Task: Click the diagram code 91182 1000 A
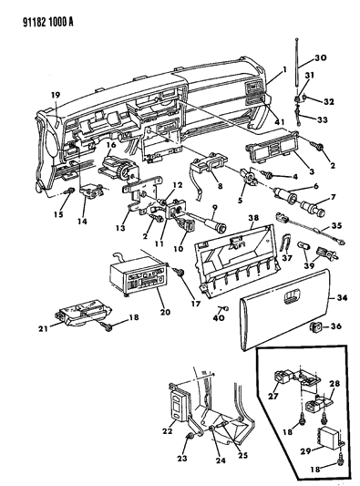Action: coord(48,22)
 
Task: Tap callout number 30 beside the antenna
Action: coord(321,57)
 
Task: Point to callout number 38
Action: coord(253,218)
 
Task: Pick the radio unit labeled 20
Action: coord(139,275)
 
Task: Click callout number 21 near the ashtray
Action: coord(43,328)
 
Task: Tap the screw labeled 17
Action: coord(179,273)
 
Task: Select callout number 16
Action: coord(111,145)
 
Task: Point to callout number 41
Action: coord(279,122)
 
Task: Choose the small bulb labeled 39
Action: coord(303,246)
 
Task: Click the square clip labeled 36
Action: coord(314,326)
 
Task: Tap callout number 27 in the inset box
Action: coord(273,396)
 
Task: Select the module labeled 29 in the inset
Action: coord(328,437)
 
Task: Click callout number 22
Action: coord(167,430)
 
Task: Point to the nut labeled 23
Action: coord(190,437)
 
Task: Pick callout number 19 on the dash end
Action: coord(56,95)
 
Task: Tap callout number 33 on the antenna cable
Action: coord(323,119)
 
